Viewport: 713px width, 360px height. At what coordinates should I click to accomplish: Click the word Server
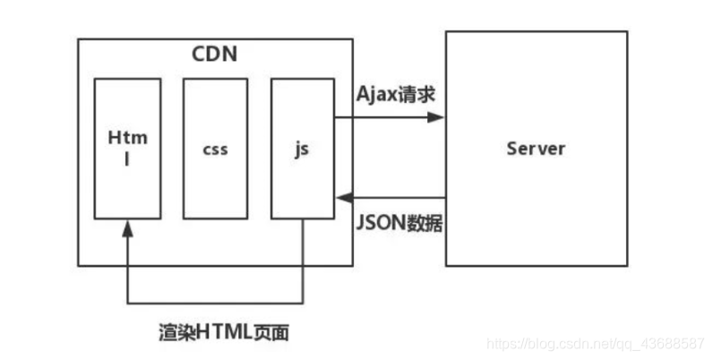(536, 148)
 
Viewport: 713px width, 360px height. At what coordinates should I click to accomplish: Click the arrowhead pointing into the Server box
(438, 117)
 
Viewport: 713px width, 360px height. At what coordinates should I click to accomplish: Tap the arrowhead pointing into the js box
(342, 197)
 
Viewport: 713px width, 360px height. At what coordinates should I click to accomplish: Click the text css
(215, 148)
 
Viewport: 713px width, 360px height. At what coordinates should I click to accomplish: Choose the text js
(302, 148)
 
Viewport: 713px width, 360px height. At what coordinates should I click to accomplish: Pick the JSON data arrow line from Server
(394, 197)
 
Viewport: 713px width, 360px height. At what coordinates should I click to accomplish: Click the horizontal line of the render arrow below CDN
(215, 301)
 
